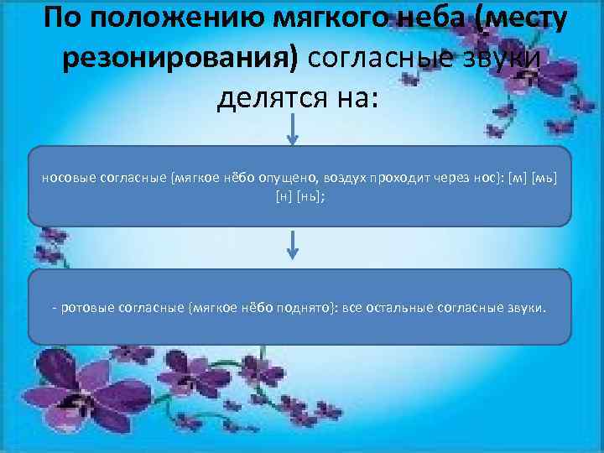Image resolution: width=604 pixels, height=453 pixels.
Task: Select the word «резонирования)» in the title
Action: tap(181, 58)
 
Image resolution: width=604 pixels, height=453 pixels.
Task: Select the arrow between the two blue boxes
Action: tap(291, 246)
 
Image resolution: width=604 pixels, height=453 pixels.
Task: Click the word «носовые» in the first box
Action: tap(65, 178)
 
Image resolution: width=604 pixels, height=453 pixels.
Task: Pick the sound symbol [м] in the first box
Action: tap(518, 178)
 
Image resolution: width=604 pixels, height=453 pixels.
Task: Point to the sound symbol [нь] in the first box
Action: tap(307, 195)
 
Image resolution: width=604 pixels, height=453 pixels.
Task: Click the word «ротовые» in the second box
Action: tap(84, 308)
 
